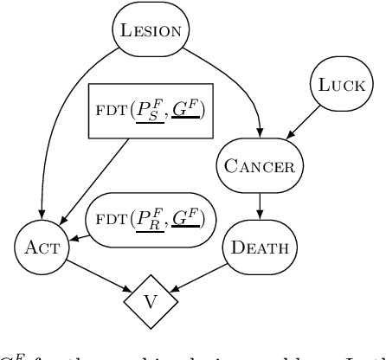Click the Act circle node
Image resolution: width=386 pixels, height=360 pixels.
[41, 246]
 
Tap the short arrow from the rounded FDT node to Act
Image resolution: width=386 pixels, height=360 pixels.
[75, 234]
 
